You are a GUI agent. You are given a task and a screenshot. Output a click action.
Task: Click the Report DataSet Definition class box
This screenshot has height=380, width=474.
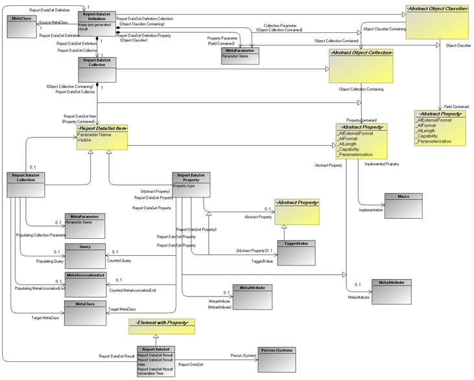97,23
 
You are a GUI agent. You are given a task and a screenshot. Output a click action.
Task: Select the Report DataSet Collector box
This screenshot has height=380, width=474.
97,70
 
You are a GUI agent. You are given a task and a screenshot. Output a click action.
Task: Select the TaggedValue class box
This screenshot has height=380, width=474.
296,252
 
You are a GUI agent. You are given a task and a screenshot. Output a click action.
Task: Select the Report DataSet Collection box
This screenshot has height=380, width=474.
25,184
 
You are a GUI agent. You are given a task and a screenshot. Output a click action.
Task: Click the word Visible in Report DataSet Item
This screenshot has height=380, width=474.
85,140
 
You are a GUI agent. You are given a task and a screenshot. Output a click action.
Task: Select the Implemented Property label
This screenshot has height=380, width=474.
381,164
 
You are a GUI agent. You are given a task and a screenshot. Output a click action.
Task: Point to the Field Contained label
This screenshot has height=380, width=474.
456,107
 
